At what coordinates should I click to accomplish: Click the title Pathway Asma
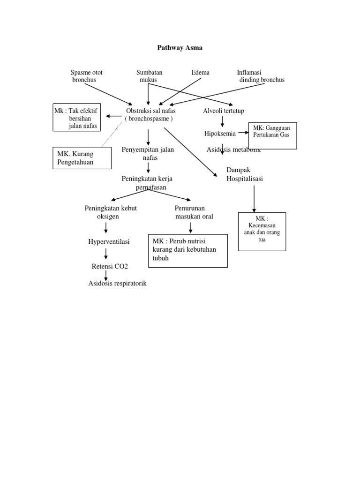[x=180, y=47]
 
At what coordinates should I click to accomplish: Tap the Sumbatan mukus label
[x=149, y=76]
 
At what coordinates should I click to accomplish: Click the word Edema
[x=200, y=73]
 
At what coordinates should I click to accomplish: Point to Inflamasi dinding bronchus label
[x=260, y=76]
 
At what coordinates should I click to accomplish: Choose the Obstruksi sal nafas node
[x=150, y=115]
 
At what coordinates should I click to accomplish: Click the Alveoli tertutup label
[x=223, y=111]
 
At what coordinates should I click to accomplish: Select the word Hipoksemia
[x=220, y=134]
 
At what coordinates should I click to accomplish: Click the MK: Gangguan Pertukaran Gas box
[x=272, y=136]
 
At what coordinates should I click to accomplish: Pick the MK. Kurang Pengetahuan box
[x=82, y=158]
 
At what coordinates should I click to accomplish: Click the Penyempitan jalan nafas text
[x=148, y=154]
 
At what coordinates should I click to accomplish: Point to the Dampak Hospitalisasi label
[x=245, y=174]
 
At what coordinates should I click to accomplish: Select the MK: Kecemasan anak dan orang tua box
[x=262, y=232]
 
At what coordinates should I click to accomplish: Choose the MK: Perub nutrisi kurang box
[x=187, y=251]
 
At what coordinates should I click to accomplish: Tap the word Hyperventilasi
[x=109, y=241]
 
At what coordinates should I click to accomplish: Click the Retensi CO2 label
[x=109, y=266]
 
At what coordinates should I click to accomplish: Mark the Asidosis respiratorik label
[x=117, y=283]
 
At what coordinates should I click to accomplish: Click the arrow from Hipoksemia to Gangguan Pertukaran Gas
[x=243, y=133]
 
